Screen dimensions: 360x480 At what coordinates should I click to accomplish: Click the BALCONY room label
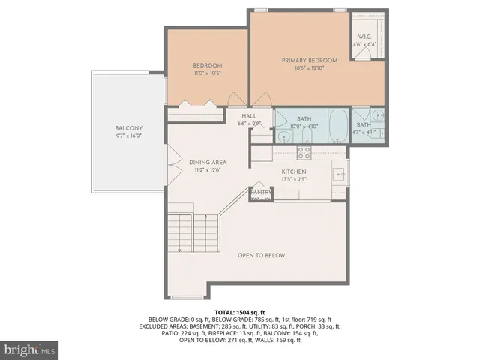(x=129, y=128)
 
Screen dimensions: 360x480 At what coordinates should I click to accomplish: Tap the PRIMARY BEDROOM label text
(x=309, y=60)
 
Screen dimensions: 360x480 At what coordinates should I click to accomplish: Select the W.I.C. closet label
(x=365, y=36)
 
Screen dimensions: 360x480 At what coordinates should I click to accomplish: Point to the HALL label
(x=249, y=116)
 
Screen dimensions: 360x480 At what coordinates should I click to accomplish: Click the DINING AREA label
(x=208, y=162)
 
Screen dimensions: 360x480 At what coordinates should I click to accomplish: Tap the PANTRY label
(x=260, y=193)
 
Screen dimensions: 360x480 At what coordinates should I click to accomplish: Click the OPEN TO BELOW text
(x=262, y=256)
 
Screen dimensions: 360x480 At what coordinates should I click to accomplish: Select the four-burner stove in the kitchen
(x=304, y=152)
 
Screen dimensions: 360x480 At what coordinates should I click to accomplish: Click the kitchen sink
(x=339, y=175)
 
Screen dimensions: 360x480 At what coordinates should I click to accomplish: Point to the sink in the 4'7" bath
(x=378, y=115)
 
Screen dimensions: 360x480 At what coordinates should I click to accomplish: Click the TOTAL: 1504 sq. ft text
(x=241, y=311)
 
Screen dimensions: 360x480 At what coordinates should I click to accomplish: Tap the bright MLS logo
(x=29, y=349)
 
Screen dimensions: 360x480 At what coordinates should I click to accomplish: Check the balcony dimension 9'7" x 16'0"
(x=129, y=136)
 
